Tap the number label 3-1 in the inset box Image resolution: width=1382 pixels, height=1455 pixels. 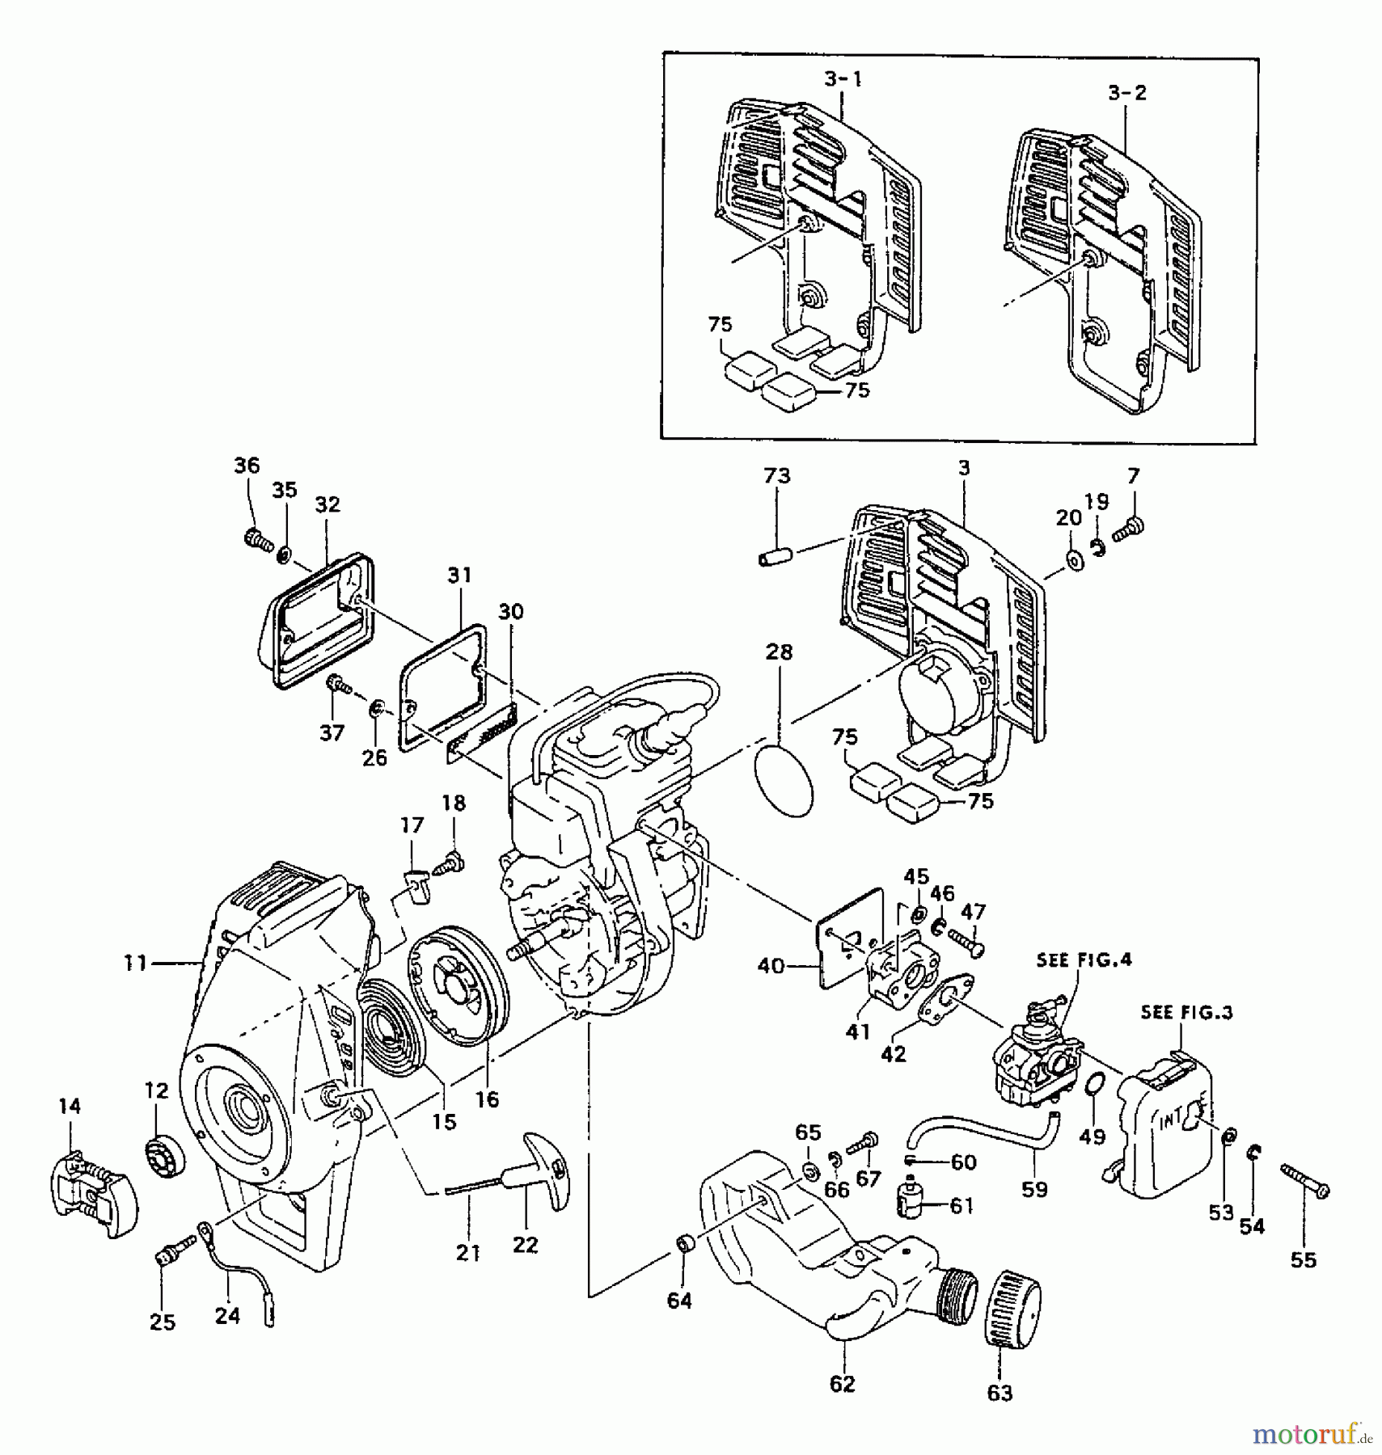pyautogui.click(x=843, y=79)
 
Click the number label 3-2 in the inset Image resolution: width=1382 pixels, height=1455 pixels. pyautogui.click(x=1126, y=93)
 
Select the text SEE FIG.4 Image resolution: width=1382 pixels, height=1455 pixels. pyautogui.click(x=1084, y=959)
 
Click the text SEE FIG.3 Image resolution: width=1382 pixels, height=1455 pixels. pyautogui.click(x=1186, y=1012)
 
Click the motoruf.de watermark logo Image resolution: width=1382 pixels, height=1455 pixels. pyautogui.click(x=1311, y=1434)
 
